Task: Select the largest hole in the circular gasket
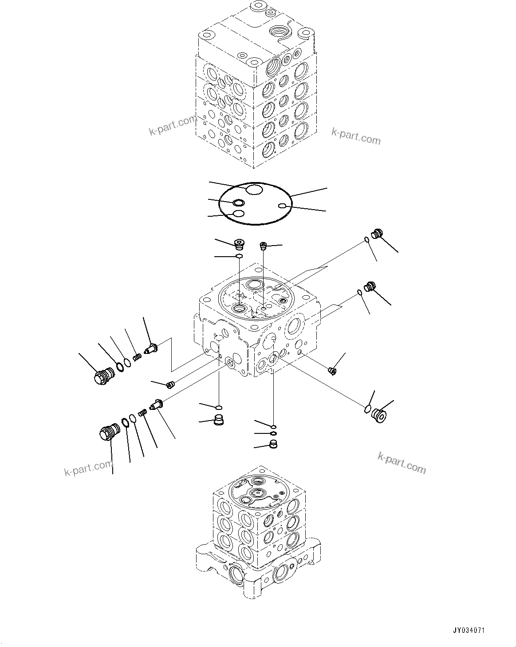(255, 191)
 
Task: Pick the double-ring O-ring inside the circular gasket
(238, 203)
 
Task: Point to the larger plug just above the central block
(240, 243)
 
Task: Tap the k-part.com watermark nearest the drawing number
(402, 463)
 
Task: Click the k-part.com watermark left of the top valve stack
(173, 126)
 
